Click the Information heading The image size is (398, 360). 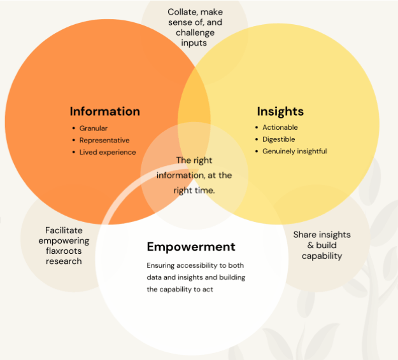[x=104, y=111]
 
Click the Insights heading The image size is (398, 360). [x=280, y=111]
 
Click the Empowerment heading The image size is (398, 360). [x=191, y=247]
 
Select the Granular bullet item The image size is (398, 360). [x=94, y=128]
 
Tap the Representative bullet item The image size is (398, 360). [x=104, y=141]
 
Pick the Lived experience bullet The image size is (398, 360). [x=108, y=153]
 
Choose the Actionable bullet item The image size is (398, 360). [x=280, y=127]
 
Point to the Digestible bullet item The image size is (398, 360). [x=279, y=139]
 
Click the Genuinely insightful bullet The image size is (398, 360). [x=295, y=151]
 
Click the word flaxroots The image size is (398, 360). [x=63, y=251]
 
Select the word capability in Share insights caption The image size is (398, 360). [x=322, y=256]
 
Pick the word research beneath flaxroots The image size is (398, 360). [x=63, y=261]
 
